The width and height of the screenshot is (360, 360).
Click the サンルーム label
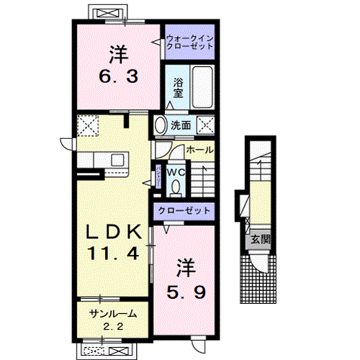pyautogui.click(x=113, y=315)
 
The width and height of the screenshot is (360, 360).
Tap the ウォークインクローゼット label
pyautogui.click(x=189, y=42)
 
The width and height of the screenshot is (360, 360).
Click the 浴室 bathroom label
pyautogui.click(x=178, y=87)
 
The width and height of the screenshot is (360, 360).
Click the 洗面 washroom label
pyautogui.click(x=181, y=125)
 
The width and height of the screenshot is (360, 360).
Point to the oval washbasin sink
pyautogui.click(x=159, y=125)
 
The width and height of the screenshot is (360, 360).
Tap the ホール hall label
pyautogui.click(x=199, y=150)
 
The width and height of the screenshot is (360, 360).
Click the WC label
pyautogui.click(x=176, y=172)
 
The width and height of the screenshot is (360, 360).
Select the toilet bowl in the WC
pyautogui.click(x=176, y=186)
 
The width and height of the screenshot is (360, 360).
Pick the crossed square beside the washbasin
pyautogui.click(x=205, y=125)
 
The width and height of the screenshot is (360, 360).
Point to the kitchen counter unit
pyautogui.click(x=108, y=160)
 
